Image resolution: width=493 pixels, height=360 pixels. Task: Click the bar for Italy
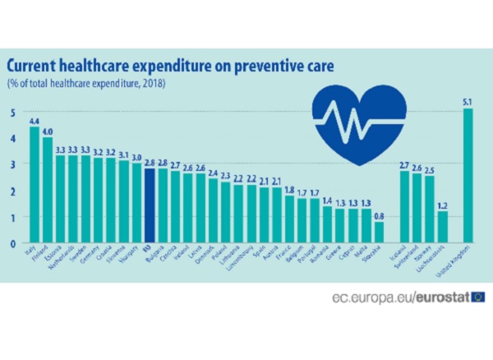click(35, 185)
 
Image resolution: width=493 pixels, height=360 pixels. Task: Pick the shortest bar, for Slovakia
click(379, 233)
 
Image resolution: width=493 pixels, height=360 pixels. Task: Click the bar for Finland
click(48, 190)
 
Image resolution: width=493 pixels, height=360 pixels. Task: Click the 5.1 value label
click(468, 102)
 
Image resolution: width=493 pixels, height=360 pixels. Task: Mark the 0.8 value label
click(379, 216)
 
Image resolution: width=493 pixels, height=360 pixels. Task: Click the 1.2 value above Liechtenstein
click(443, 205)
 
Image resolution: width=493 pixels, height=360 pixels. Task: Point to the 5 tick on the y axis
click(12, 113)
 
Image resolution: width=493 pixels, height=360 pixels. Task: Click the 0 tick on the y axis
click(12, 243)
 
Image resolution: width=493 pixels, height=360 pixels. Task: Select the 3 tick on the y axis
click(12, 165)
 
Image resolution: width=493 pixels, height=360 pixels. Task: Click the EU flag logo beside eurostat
click(477, 296)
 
